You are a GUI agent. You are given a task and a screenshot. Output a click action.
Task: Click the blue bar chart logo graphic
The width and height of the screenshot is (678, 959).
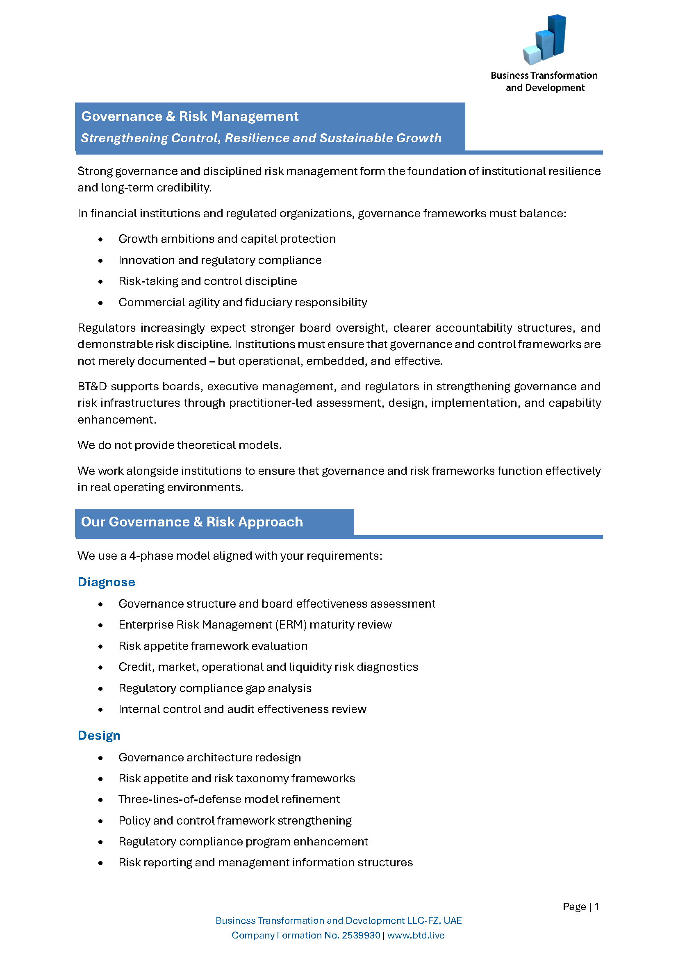tap(544, 40)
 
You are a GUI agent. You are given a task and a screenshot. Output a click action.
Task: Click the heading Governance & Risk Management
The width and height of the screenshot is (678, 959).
tap(189, 116)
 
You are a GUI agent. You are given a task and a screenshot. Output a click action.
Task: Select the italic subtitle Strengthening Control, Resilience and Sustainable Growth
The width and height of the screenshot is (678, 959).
tap(261, 138)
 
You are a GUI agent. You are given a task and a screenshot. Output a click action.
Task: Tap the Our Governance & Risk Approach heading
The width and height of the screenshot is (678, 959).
tap(191, 522)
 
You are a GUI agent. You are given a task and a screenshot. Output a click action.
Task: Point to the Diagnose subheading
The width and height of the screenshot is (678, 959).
tap(106, 582)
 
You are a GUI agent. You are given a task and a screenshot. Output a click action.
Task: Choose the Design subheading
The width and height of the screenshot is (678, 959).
tap(99, 735)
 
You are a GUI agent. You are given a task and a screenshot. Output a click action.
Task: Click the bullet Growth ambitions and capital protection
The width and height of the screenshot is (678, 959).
tap(227, 239)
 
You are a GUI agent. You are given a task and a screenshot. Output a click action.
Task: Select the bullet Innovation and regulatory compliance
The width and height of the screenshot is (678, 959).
tap(220, 260)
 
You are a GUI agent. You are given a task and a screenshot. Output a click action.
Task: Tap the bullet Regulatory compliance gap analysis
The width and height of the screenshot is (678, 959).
tap(215, 688)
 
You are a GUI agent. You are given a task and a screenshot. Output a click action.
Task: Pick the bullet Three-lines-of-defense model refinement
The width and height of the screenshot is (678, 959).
tap(229, 799)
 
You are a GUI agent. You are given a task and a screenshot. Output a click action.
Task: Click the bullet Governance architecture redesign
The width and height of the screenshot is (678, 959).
tap(209, 757)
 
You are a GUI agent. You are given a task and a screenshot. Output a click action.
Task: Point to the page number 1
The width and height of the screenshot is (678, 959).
tap(597, 907)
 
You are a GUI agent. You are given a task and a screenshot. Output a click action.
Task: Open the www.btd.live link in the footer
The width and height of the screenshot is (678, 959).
tap(416, 935)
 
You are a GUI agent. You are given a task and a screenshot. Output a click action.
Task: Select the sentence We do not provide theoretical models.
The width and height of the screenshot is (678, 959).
tap(180, 445)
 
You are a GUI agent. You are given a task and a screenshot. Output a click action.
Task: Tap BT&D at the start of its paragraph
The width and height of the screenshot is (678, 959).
tap(92, 386)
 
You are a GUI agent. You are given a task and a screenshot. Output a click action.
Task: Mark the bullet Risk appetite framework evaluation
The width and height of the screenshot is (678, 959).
tap(213, 646)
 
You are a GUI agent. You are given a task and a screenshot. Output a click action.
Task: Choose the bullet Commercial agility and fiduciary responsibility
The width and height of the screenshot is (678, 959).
tap(243, 303)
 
